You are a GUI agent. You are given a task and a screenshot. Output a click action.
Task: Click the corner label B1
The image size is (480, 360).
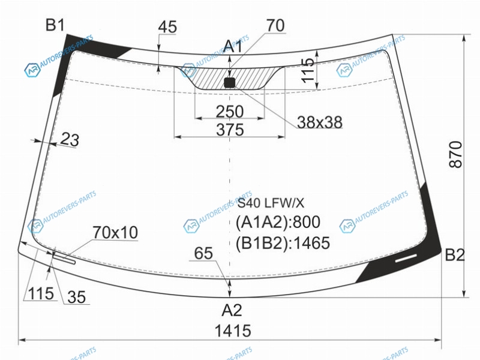click(x=55, y=25)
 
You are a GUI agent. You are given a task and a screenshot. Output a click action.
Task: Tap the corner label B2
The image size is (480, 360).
click(x=455, y=254)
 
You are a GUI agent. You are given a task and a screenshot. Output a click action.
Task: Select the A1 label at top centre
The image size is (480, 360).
click(x=233, y=47)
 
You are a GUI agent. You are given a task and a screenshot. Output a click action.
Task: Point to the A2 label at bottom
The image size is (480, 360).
click(x=232, y=310)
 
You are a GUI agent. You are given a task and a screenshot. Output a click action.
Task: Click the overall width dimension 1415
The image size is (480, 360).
click(x=233, y=331)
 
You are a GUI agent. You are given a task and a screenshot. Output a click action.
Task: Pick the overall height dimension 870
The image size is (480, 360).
click(x=456, y=154)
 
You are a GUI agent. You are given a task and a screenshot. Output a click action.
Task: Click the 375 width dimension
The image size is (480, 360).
click(x=230, y=130)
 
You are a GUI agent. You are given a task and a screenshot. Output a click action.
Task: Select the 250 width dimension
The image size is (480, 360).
click(x=230, y=112)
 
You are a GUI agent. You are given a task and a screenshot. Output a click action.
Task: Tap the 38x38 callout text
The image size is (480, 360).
click(x=320, y=122)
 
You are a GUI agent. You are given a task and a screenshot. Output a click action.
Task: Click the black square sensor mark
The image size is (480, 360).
click(x=230, y=83)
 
